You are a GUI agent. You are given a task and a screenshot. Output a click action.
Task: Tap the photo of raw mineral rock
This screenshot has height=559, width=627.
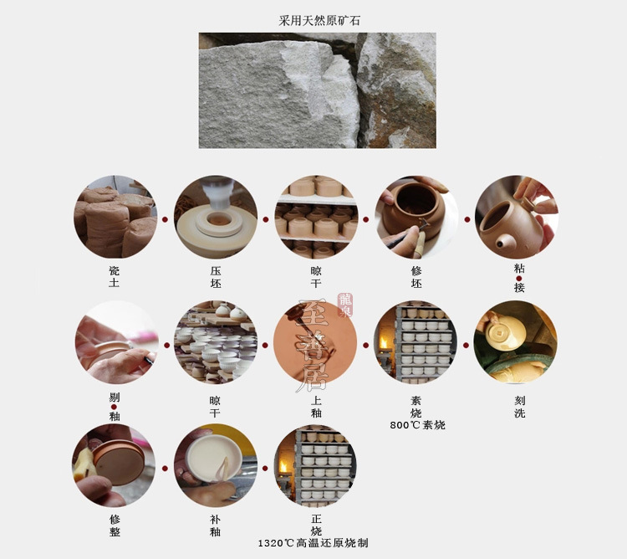pos(317,90)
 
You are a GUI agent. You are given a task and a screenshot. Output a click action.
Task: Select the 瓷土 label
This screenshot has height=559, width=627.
pos(115,278)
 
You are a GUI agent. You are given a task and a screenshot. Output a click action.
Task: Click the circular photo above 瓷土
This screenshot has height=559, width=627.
pos(115,217)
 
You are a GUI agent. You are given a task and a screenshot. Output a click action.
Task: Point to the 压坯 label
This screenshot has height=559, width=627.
pos(216,278)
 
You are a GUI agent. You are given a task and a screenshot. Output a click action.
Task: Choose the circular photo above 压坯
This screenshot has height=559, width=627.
pos(216,217)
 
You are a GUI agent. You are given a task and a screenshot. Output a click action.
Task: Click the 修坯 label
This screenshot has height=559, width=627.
pos(416,278)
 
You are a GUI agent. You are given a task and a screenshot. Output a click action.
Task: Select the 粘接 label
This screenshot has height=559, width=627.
pos(519,278)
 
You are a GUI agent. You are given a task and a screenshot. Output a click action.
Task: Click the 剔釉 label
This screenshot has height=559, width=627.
pos(115,407)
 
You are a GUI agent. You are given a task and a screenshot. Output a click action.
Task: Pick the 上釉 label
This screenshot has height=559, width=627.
pos(315,407)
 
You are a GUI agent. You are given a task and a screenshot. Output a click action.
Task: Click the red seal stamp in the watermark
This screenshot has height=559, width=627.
pos(345,305)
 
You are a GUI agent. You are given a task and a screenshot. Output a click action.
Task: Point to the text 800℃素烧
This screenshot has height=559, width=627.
pos(417,425)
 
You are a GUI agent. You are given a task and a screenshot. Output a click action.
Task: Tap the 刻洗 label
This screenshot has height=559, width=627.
pos(519,407)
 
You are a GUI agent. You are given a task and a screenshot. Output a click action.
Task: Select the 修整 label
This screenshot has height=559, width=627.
pos(115,525)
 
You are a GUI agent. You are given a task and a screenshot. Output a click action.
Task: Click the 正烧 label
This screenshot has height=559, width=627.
pos(316,525)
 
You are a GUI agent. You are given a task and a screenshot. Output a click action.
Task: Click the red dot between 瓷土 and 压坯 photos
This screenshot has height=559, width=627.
pos(166,219)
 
